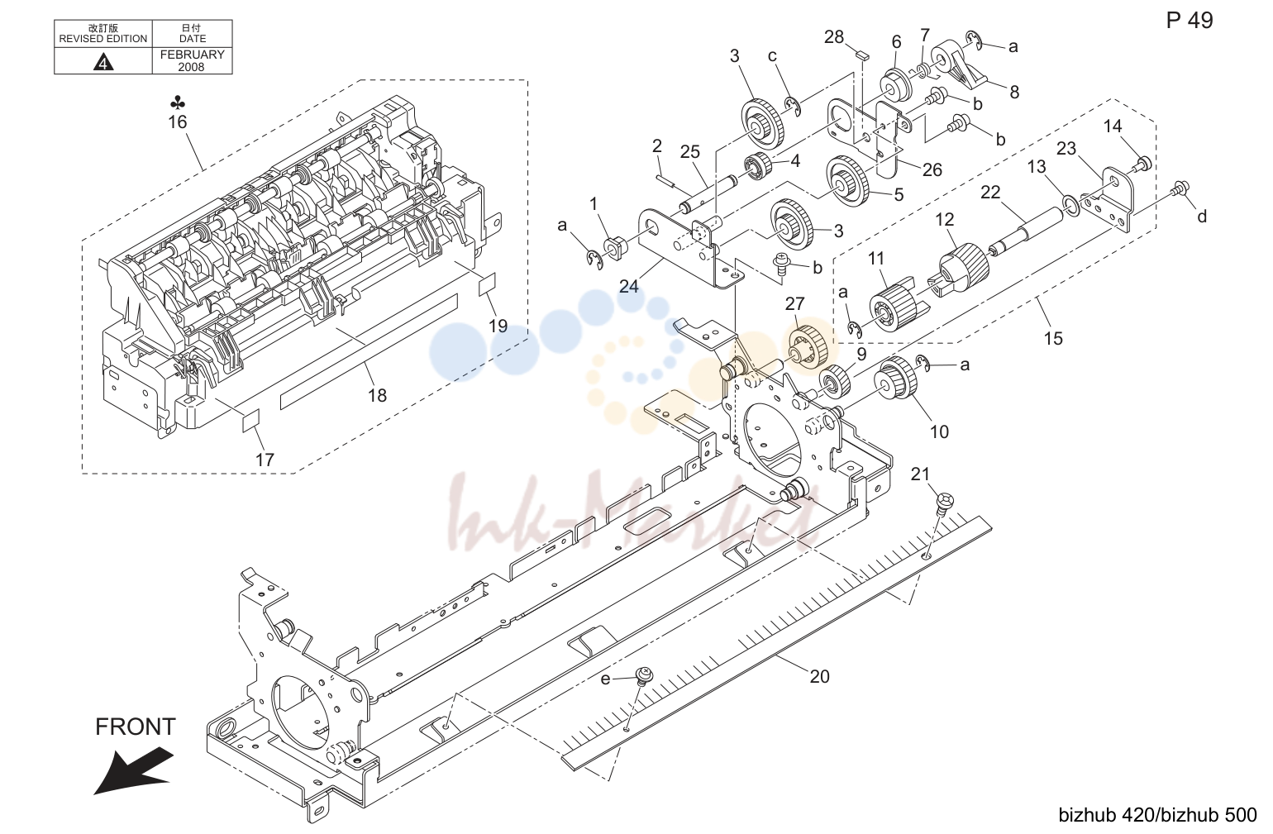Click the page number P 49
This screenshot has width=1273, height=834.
pos(1189,21)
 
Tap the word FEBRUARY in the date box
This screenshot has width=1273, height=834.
pos(192,55)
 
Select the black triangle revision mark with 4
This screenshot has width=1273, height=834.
pos(103,61)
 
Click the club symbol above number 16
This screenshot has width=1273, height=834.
pos(177,102)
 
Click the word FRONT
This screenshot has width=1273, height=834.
pos(136,727)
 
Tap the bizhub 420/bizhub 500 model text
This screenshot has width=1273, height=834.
pos(1157,815)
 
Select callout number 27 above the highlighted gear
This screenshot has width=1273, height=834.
pos(794,304)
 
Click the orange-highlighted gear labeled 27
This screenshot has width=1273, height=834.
pos(807,346)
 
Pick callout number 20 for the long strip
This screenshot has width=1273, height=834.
pos(819,676)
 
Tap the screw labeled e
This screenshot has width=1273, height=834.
pos(644,676)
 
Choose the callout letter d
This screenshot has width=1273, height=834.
pos(1202,217)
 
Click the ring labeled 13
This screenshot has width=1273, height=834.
pos(1070,207)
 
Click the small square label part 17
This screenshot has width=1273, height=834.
pos(250,420)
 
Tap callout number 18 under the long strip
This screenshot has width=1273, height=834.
pos(377,395)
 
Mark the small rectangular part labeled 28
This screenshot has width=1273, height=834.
pos(861,55)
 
